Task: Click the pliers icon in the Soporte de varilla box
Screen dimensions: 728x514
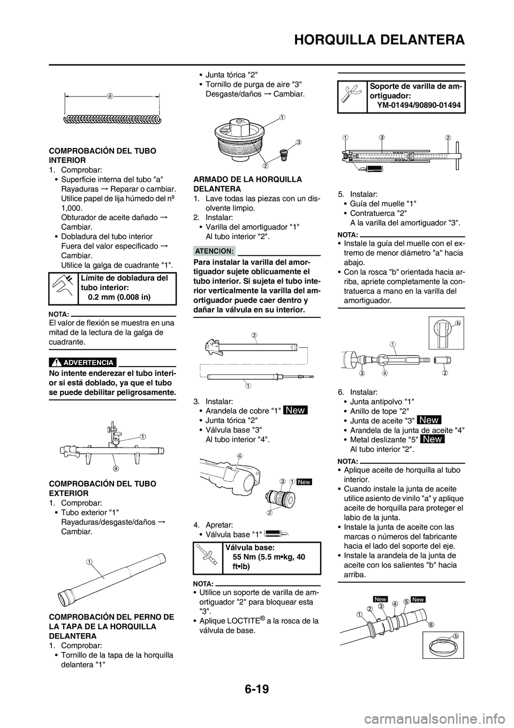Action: point(351,95)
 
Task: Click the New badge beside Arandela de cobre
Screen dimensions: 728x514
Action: point(295,410)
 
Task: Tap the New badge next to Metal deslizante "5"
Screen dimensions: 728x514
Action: point(432,439)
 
